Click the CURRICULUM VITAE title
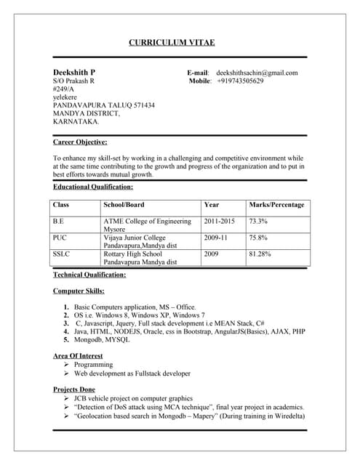(x=172, y=43)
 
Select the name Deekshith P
(x=74, y=73)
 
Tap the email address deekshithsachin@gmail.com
(x=257, y=73)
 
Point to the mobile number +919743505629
(x=240, y=81)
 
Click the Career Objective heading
(x=80, y=142)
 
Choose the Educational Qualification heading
(x=93, y=187)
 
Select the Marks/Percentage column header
(x=276, y=205)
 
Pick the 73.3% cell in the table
(x=258, y=221)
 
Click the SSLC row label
(x=62, y=254)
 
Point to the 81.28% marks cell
(x=260, y=254)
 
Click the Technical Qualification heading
(x=89, y=275)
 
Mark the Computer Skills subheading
(x=78, y=291)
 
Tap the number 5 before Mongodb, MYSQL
(x=66, y=339)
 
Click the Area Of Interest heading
(x=78, y=356)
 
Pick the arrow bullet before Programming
(x=66, y=365)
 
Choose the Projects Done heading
(x=75, y=389)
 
